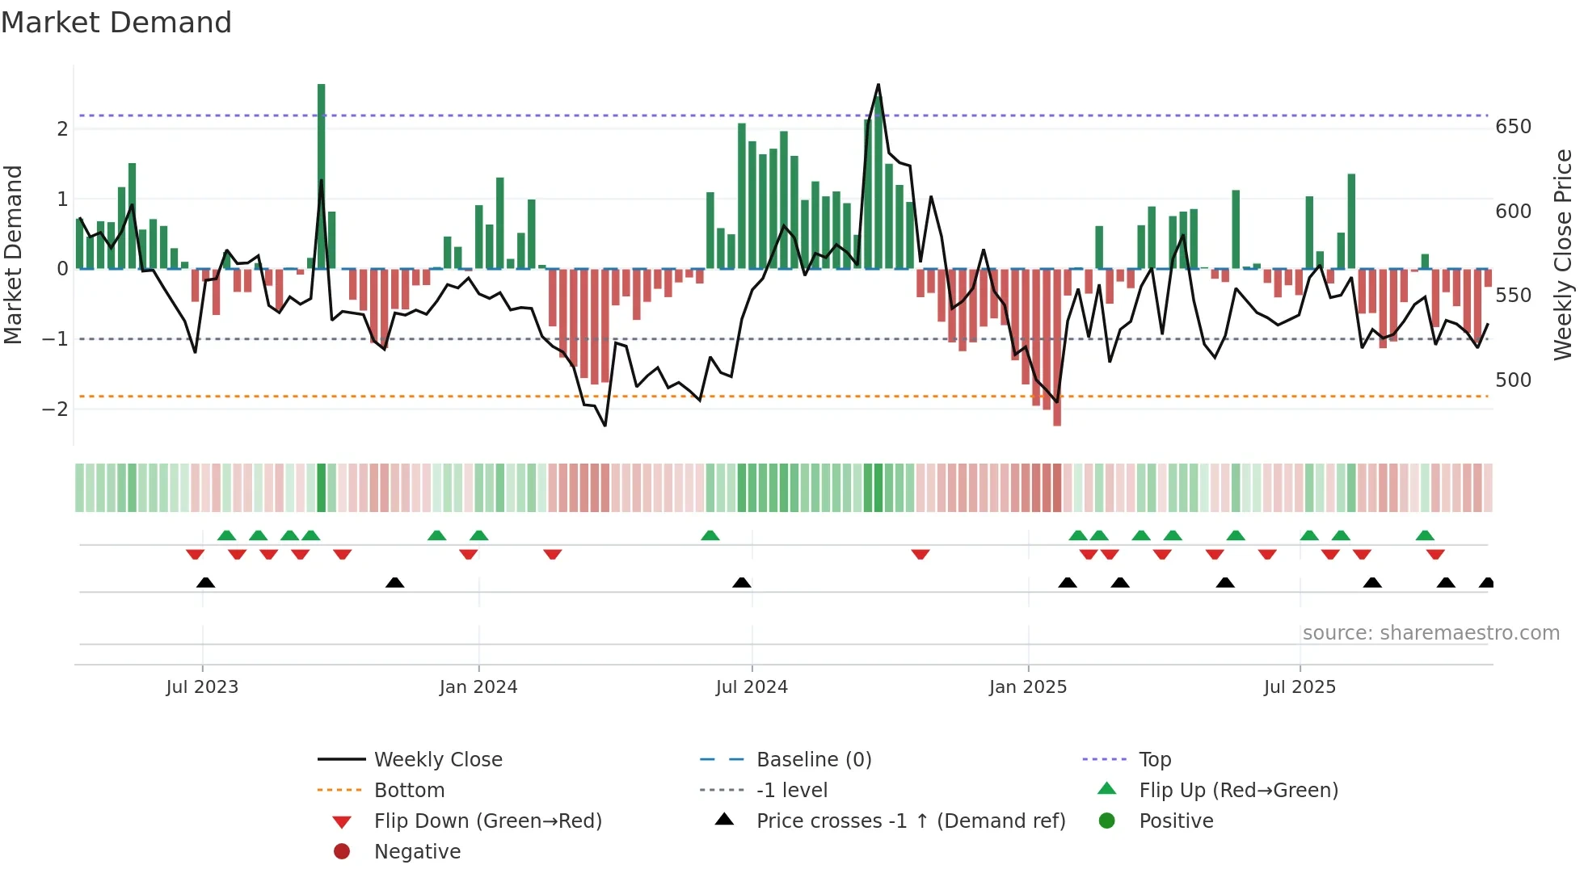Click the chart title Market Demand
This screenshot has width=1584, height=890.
[116, 23]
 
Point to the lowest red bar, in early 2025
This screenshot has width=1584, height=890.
[1057, 347]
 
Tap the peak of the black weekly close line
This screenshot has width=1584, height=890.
[878, 85]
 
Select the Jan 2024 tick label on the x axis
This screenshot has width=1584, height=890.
[478, 687]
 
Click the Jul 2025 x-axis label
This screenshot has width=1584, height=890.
[1300, 687]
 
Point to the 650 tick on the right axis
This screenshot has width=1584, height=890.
[1513, 127]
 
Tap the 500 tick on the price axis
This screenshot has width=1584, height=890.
[1513, 380]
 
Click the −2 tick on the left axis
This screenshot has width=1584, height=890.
[55, 409]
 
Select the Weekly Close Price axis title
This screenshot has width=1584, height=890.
[1563, 254]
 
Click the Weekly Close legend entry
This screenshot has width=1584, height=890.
[437, 760]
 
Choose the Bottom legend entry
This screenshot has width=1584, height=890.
[409, 791]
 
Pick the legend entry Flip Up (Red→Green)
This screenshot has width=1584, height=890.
[1238, 791]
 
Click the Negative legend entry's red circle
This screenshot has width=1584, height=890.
[342, 852]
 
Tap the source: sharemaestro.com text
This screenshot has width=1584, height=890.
[1430, 633]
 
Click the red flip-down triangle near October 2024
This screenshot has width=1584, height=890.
[920, 554]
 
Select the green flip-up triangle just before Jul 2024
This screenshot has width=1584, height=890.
[710, 535]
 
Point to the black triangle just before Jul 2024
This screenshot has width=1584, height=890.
[742, 582]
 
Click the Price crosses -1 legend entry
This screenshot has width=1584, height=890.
[911, 821]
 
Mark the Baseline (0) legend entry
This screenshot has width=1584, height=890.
[813, 760]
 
